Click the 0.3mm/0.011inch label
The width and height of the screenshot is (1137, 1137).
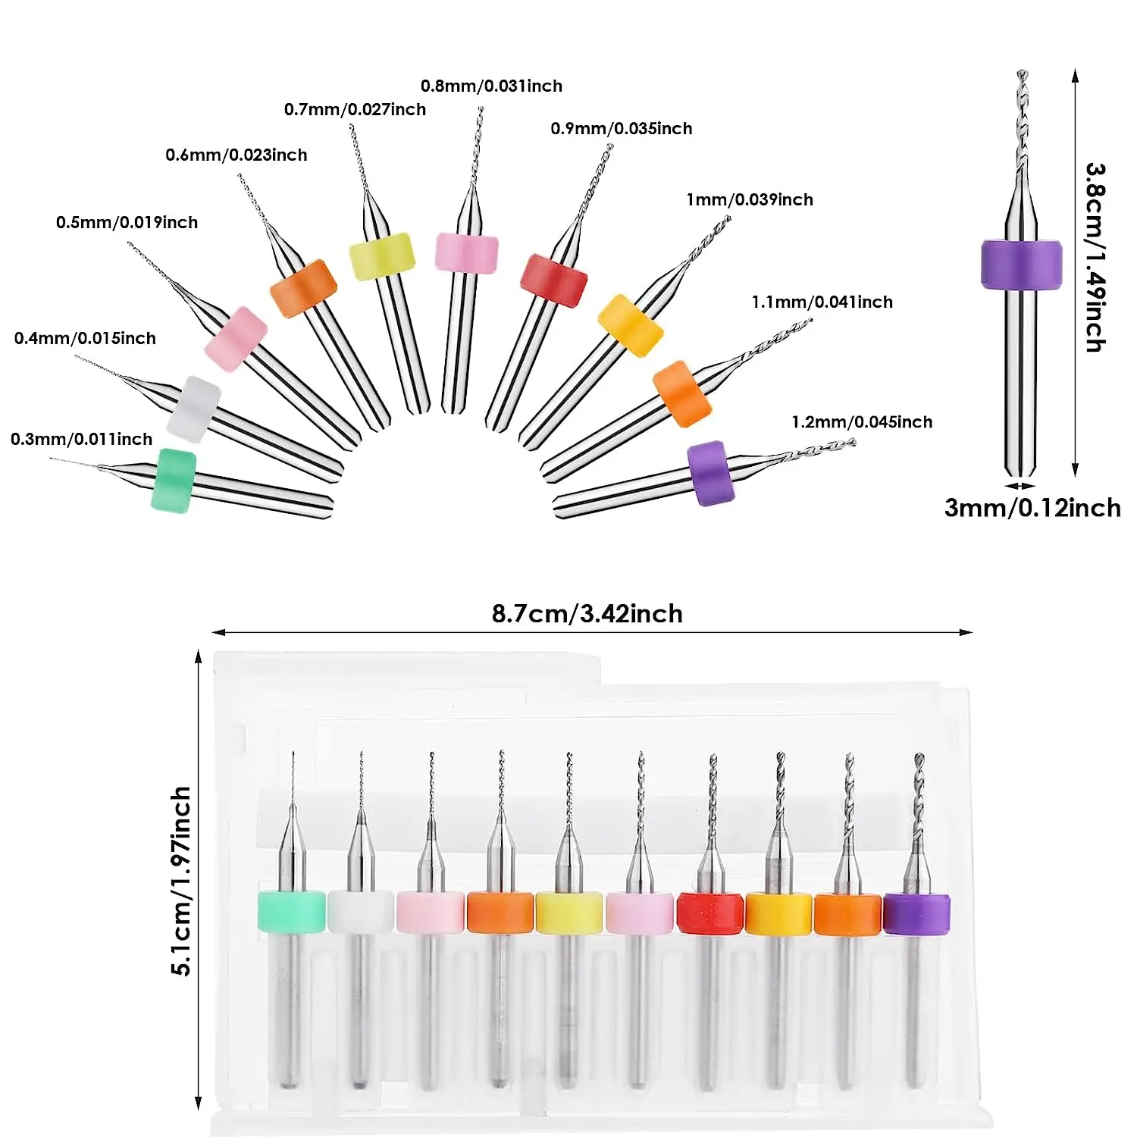[81, 439]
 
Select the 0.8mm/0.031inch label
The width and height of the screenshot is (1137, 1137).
[491, 86]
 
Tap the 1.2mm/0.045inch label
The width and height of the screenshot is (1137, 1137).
[862, 421]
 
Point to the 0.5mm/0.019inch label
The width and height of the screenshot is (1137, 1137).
[127, 222]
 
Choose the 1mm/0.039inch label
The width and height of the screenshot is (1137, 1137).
[749, 199]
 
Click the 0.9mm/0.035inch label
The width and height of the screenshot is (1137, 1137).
[621, 128]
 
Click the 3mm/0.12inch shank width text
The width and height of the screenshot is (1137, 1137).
[1032, 507]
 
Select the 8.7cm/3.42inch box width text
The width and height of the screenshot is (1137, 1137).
[587, 613]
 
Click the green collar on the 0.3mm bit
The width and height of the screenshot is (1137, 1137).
[174, 481]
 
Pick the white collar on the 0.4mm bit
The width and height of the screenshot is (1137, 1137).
[194, 409]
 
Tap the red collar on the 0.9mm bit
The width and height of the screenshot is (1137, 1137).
[553, 280]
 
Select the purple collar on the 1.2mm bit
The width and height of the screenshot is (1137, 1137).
[711, 473]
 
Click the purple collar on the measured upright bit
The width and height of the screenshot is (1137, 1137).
[1021, 265]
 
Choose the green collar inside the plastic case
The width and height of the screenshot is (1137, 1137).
[291, 911]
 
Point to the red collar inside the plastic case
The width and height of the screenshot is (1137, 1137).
[709, 913]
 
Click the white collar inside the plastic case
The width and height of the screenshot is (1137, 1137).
[361, 912]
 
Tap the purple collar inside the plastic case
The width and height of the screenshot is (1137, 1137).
[916, 913]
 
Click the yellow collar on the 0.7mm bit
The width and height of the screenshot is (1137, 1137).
[382, 256]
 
